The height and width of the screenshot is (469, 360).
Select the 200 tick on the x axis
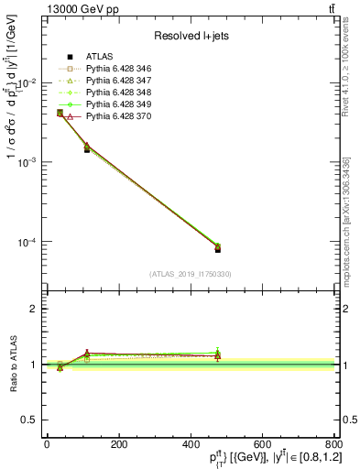coord(118,445)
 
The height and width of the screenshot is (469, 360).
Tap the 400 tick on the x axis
coord(190,445)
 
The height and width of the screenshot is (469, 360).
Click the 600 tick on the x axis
coord(262,445)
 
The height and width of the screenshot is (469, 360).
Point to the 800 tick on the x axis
coord(333,445)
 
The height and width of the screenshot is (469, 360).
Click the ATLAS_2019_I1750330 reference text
coord(191,274)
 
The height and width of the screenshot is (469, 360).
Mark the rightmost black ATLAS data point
coord(218,248)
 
